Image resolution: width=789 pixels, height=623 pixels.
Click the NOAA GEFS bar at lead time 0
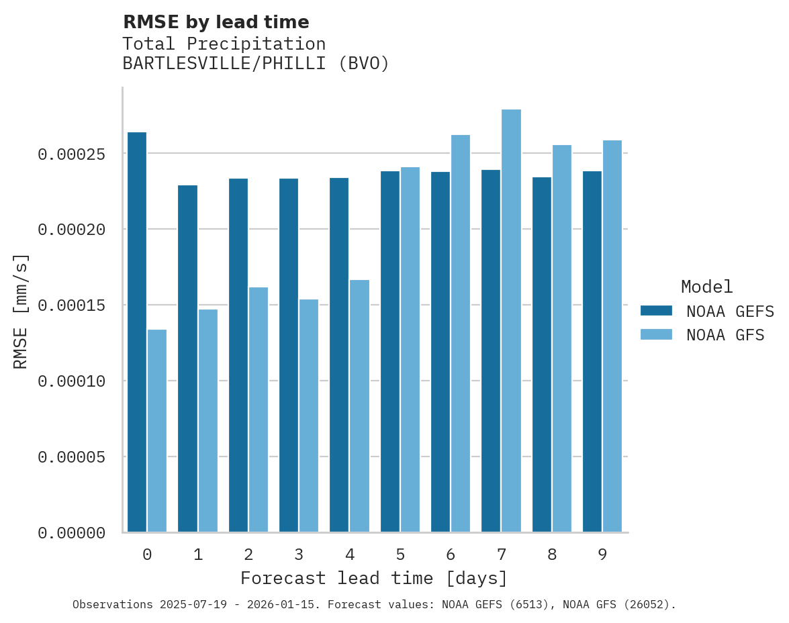point(137,332)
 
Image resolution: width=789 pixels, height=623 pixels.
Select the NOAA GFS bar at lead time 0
point(157,430)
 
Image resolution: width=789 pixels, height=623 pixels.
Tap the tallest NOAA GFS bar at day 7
point(511,320)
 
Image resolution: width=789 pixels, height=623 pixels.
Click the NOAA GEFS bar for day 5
point(390,351)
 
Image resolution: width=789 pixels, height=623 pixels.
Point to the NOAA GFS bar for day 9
point(612,336)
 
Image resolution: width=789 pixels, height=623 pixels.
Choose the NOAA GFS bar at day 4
point(359,405)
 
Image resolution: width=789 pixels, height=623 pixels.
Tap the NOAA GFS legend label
point(725,335)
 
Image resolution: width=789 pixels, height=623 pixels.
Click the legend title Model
point(706,287)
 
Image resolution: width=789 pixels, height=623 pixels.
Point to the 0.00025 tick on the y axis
point(71,154)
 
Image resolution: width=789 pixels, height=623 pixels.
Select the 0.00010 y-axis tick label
point(71,381)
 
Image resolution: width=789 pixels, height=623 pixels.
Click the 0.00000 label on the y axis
point(71,533)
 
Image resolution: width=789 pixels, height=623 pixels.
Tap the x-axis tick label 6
point(451,555)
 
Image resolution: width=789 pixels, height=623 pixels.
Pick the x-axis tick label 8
point(552,555)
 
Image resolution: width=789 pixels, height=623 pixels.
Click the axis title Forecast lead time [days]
point(374,578)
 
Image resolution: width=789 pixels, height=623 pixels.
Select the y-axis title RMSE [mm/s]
point(21,311)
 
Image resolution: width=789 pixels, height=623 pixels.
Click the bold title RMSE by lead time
point(216,22)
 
